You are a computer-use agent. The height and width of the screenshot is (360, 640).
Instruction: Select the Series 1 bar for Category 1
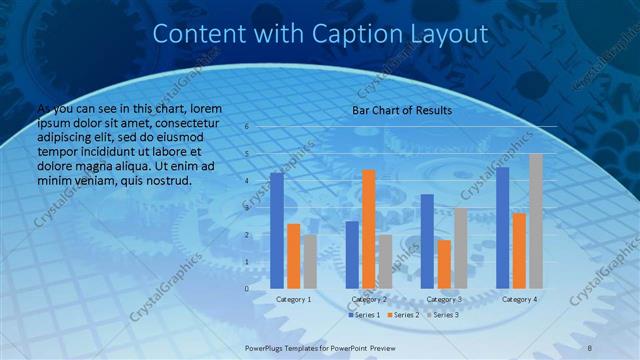(x=277, y=230)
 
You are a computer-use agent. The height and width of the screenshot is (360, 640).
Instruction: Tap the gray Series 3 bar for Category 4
(x=536, y=221)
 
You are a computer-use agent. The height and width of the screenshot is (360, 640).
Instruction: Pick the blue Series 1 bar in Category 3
(x=427, y=241)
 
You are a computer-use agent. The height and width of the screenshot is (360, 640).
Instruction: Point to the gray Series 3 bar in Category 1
(x=310, y=261)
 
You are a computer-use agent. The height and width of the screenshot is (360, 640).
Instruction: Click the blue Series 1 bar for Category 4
(x=502, y=227)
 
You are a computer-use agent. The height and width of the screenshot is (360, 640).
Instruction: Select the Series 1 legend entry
(x=364, y=315)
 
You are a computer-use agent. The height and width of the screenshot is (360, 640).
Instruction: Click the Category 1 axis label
(x=294, y=299)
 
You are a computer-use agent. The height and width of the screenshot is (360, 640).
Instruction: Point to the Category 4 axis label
(x=519, y=299)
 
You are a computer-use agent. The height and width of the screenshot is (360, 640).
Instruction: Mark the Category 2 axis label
(x=369, y=299)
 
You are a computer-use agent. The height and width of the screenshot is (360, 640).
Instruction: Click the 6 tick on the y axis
(x=246, y=127)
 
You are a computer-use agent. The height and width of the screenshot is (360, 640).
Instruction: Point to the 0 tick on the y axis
(x=246, y=288)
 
